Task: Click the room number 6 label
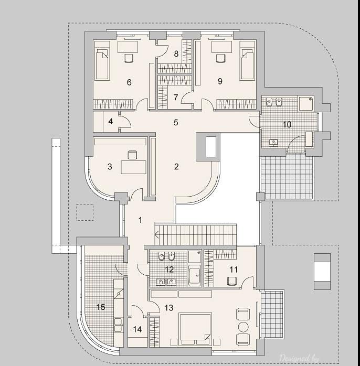tap(129, 82)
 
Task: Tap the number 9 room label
tap(220, 81)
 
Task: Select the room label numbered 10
tap(287, 124)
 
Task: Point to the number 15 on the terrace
tap(100, 307)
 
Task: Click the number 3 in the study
tap(110, 167)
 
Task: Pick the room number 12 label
tap(169, 270)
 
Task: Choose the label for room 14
tap(137, 329)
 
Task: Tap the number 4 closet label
tap(111, 122)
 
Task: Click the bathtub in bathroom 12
tap(194, 276)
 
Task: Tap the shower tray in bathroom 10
tap(308, 103)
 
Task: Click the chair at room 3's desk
tap(132, 155)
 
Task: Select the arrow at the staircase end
tap(156, 234)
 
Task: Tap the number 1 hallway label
tap(140, 220)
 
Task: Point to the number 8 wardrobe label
tap(176, 53)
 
